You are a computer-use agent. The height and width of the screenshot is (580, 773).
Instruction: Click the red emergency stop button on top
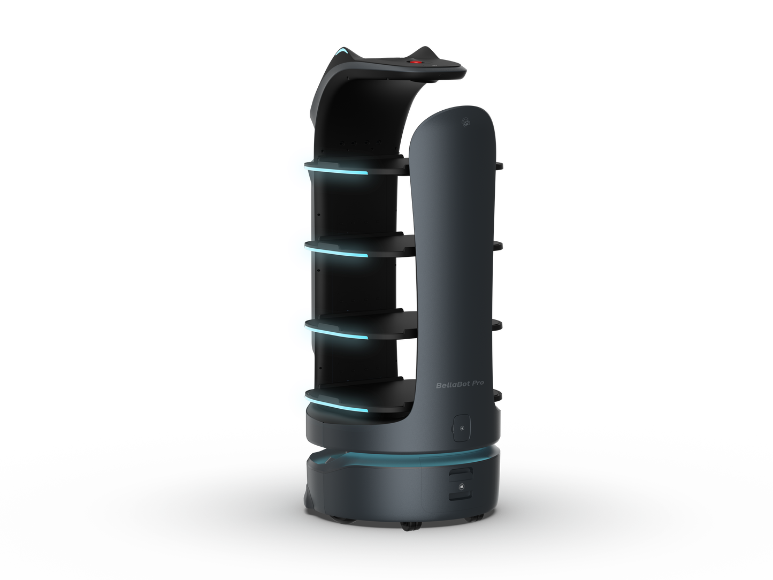pyautogui.click(x=416, y=62)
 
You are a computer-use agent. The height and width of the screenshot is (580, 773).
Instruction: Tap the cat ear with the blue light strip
pyautogui.click(x=341, y=54)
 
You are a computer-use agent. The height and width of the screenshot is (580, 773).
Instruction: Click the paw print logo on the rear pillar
pyautogui.click(x=467, y=122)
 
